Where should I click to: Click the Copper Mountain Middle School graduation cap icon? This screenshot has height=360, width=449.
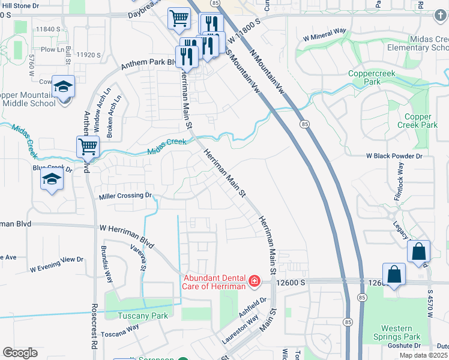[x=63, y=88]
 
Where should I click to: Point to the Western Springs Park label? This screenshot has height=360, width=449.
[x=396, y=333]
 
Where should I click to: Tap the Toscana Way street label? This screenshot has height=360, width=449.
[x=119, y=331]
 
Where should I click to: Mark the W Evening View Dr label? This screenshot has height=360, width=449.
[x=56, y=260]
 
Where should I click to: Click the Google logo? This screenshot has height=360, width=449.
[x=20, y=353]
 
